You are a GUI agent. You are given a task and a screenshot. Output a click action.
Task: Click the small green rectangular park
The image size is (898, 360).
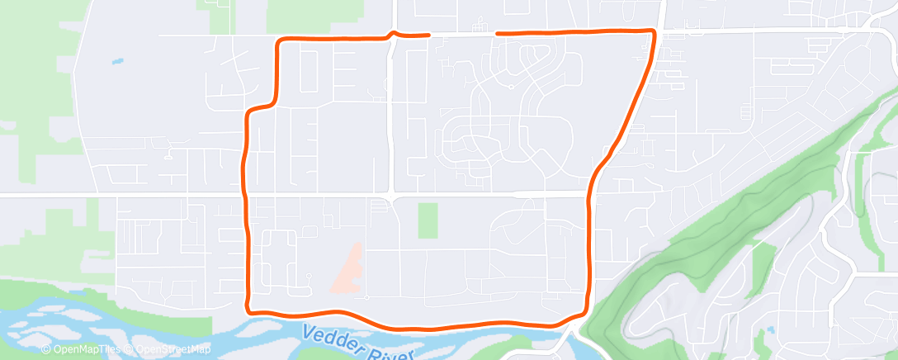coord(428,220)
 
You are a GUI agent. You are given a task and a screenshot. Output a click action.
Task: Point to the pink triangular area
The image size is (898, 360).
coord(349,269)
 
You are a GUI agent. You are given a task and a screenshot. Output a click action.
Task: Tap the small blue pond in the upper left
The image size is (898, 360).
coord(118,61)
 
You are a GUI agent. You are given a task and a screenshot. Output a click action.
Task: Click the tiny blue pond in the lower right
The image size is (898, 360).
coord(769,329)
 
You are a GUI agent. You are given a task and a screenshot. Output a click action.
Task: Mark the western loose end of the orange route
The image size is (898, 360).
coord(429,35)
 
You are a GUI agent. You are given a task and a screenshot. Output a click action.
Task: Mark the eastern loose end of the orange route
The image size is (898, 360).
coord(497,34)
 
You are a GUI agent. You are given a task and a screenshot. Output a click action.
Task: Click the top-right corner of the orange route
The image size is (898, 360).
coord(654,32)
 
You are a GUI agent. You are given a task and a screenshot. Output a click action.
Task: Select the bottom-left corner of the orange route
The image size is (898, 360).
coord(248,309)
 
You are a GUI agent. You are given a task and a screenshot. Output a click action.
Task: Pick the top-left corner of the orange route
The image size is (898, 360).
coord(281,41)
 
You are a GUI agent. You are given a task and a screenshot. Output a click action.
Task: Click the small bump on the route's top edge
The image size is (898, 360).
coord(394,33)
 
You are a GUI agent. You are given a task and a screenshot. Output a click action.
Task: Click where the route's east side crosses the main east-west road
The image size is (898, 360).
coord(589,194)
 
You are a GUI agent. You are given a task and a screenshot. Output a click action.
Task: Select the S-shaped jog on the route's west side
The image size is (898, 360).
coord(262,107)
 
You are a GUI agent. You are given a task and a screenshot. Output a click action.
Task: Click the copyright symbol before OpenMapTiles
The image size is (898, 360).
coord(47,349)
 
